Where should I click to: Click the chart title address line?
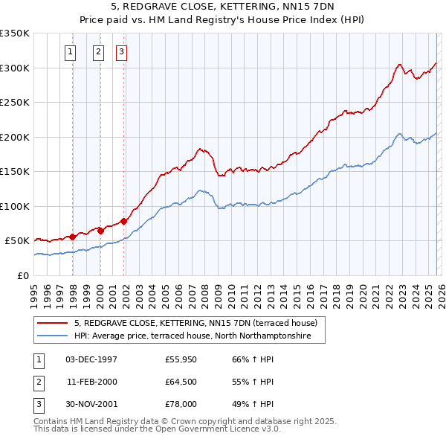coord(222,6)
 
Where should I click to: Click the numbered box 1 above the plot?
coord(71,52)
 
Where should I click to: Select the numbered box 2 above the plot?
coord(98,52)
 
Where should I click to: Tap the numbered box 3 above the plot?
coord(121,52)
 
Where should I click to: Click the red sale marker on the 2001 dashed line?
coord(124,221)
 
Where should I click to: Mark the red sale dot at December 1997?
coord(72,237)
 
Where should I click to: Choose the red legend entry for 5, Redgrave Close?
coord(195,323)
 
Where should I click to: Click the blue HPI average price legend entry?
coord(199,336)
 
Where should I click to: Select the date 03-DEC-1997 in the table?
coord(91,359)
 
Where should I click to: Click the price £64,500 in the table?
coord(181,382)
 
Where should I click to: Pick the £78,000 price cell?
coord(181,404)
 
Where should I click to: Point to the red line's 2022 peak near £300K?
coord(400,65)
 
